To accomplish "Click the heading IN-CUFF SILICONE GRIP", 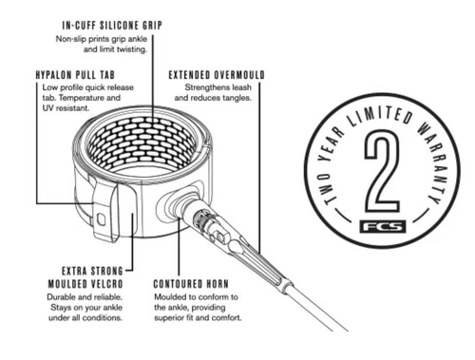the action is click(x=112, y=26).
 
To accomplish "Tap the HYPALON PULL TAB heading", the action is click(x=75, y=75).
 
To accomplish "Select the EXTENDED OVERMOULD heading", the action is click(x=217, y=75).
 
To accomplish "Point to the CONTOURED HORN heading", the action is click(x=191, y=284).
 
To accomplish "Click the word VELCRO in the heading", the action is click(x=107, y=284).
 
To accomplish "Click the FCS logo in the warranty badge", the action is click(x=383, y=227).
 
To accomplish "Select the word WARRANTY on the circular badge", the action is click(x=432, y=162).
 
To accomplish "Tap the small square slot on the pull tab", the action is click(x=101, y=219).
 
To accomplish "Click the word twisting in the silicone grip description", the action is click(x=132, y=49).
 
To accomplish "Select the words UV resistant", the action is click(x=66, y=108).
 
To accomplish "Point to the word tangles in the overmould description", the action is click(x=237, y=98).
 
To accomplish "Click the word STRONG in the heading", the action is click(x=106, y=272).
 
